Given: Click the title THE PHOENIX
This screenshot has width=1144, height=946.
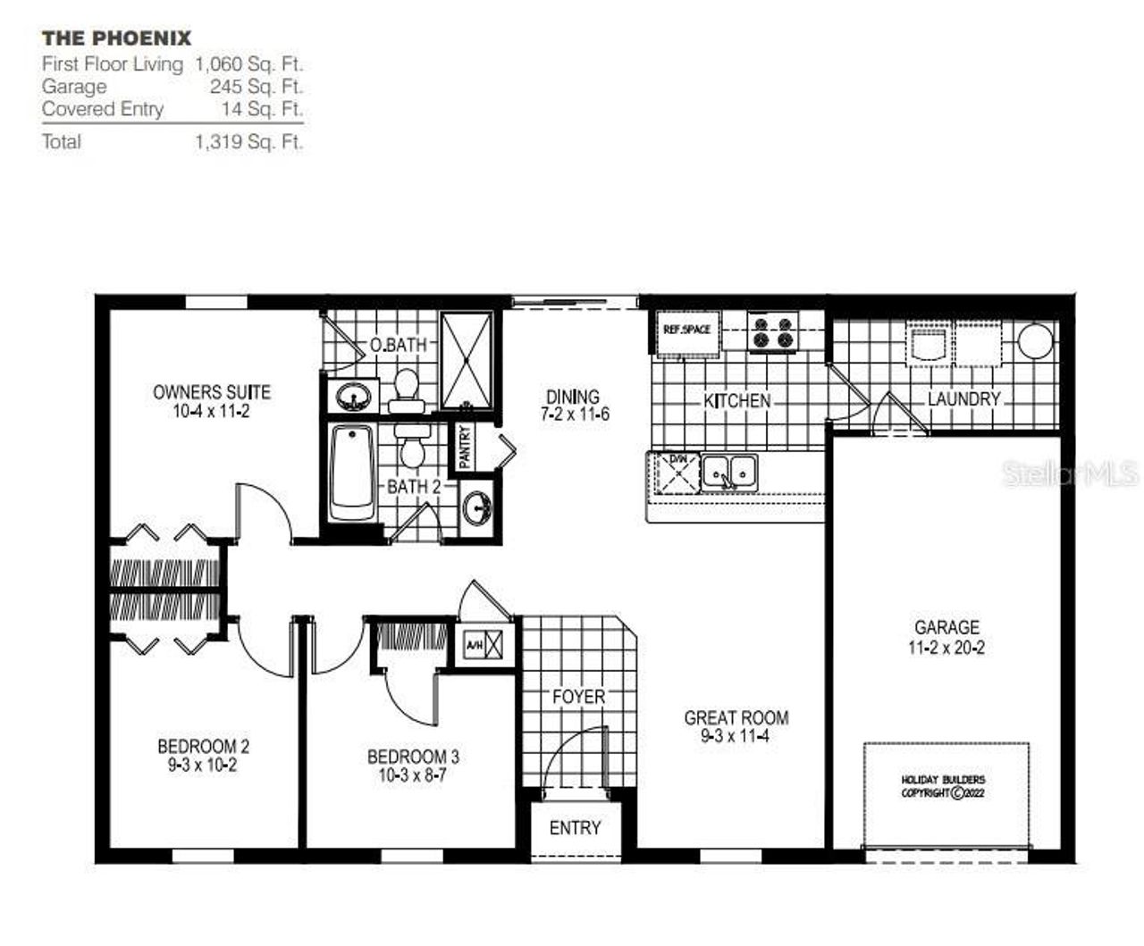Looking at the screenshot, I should coord(116,38).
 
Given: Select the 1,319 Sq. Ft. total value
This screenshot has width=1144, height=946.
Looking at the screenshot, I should coord(248,142).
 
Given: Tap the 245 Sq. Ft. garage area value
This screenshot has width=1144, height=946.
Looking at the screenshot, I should coord(257,87).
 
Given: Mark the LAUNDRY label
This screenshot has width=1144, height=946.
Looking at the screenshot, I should coord(963,399).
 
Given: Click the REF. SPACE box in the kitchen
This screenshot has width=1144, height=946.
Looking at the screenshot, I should coord(686,331).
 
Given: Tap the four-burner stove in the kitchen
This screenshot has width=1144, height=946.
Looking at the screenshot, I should coord(773,332).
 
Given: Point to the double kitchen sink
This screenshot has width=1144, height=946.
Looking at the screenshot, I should coord(728,471).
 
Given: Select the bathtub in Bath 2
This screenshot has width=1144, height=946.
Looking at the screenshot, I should coord(351,473).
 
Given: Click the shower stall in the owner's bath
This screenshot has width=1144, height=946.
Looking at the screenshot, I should coord(467,360).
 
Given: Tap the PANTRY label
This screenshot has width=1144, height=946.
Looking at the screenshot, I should coord(465,447).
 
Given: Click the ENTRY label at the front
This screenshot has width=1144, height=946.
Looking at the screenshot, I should coord(575,828).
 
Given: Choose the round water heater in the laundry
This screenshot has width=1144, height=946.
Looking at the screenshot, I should coord(1035,340).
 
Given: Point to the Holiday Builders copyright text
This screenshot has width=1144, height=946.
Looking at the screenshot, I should coord(943,786).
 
